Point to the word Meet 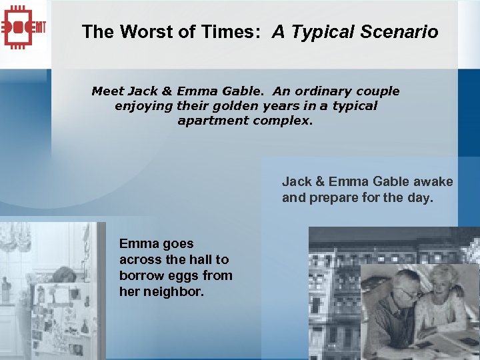[x=107, y=91]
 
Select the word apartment [x=213, y=121]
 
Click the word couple [x=378, y=91]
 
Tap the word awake [x=433, y=181]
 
